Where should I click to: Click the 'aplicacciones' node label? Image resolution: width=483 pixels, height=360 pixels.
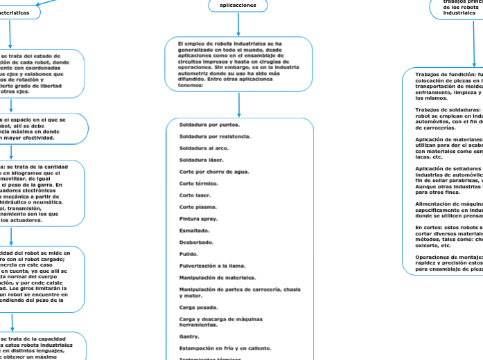238,5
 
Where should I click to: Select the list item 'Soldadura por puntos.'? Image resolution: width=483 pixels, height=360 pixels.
210,125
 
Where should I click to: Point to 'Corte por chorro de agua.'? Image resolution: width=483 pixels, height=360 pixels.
214,172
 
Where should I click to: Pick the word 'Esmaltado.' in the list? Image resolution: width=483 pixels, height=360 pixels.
196,231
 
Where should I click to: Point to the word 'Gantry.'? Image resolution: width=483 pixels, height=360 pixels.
190,336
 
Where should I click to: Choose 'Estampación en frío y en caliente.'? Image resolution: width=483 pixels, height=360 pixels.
225,348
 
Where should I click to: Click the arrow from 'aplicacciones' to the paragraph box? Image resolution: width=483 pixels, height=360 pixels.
238,24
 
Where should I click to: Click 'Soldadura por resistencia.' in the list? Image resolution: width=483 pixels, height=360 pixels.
216,136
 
